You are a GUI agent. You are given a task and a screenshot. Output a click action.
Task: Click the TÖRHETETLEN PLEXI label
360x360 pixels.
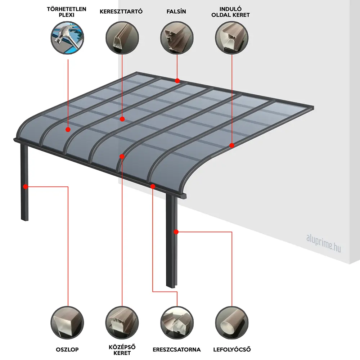pos(67,12)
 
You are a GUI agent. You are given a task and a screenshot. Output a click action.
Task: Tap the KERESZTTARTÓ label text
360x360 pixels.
pos(121,12)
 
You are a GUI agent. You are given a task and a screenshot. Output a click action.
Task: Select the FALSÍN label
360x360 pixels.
pos(176,12)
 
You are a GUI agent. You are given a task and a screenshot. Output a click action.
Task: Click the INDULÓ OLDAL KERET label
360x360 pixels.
pos(230,12)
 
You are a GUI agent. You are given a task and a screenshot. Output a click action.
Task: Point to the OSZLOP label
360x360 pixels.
pos(67,350)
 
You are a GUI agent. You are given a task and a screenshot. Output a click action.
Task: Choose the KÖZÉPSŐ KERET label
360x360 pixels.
pos(122,350)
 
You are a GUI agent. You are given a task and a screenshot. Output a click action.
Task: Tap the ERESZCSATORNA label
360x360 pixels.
pos(176,350)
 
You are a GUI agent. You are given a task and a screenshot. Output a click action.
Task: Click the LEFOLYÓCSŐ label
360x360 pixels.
pos(232,350)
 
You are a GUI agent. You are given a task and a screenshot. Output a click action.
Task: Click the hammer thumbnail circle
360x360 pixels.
pos(67,38)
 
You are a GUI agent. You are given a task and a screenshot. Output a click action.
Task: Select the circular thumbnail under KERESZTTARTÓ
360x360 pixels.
pos(122,38)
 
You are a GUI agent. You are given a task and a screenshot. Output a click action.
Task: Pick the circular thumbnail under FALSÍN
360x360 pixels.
pos(177,38)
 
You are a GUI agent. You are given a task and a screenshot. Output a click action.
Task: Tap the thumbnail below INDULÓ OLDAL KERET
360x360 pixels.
pos(231,38)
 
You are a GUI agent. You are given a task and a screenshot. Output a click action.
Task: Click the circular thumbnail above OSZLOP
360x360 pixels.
pos(67,323)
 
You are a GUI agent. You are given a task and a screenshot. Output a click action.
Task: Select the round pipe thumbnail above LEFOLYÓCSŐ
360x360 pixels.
pos(232,323)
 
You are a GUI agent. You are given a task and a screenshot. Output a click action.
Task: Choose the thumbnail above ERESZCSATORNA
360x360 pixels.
pos(177,323)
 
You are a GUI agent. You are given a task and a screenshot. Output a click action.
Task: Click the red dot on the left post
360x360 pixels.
pos(26,186)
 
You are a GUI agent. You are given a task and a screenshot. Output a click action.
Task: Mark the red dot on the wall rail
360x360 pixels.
pos(177,81)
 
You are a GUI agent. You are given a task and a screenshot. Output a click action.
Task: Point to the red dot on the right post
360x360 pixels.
pos(176,232)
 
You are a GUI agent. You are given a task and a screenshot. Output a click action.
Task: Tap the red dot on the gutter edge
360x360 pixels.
pos(153,186)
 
